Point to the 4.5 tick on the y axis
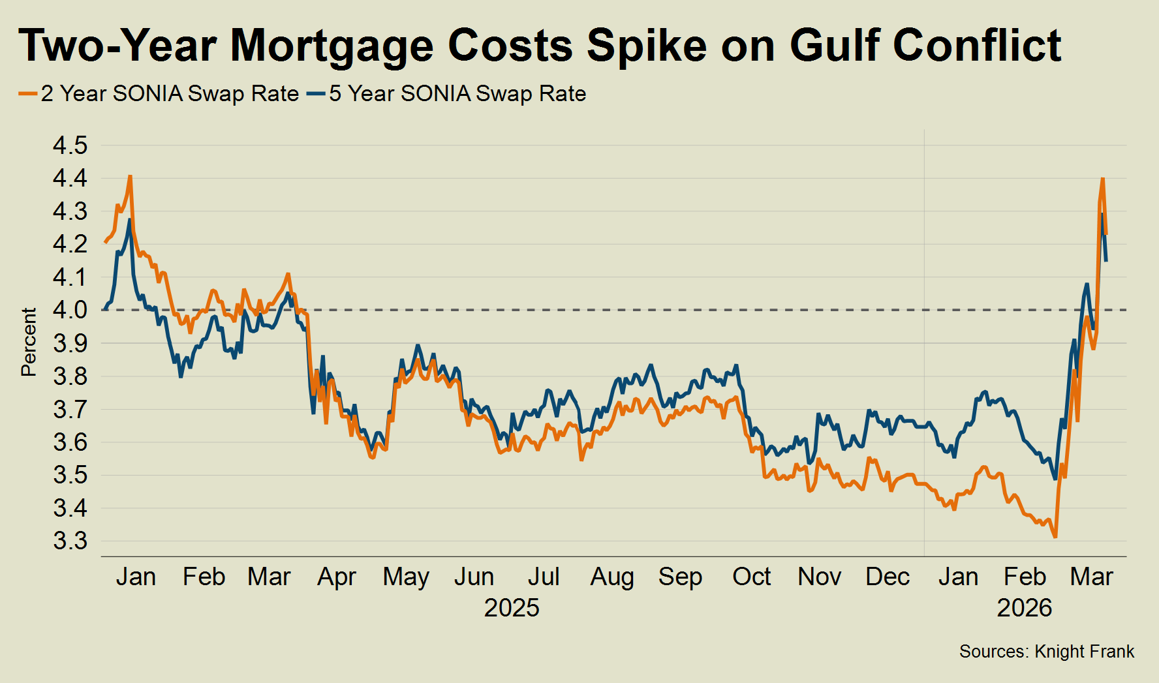tap(70, 145)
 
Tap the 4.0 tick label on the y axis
tap(70, 310)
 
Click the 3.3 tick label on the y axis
tap(70, 541)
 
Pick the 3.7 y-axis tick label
tap(70, 409)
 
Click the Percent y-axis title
tap(29, 342)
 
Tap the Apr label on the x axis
tap(337, 577)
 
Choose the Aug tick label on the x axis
tap(612, 577)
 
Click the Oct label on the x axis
tap(752, 577)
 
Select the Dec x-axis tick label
tap(888, 577)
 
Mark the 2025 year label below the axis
tap(512, 608)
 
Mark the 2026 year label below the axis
tap(1025, 608)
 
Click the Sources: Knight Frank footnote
tap(1047, 652)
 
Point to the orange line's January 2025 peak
tap(131, 176)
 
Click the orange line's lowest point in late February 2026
tap(1055, 537)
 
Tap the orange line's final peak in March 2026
tap(1102, 178)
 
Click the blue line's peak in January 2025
tap(129, 220)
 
